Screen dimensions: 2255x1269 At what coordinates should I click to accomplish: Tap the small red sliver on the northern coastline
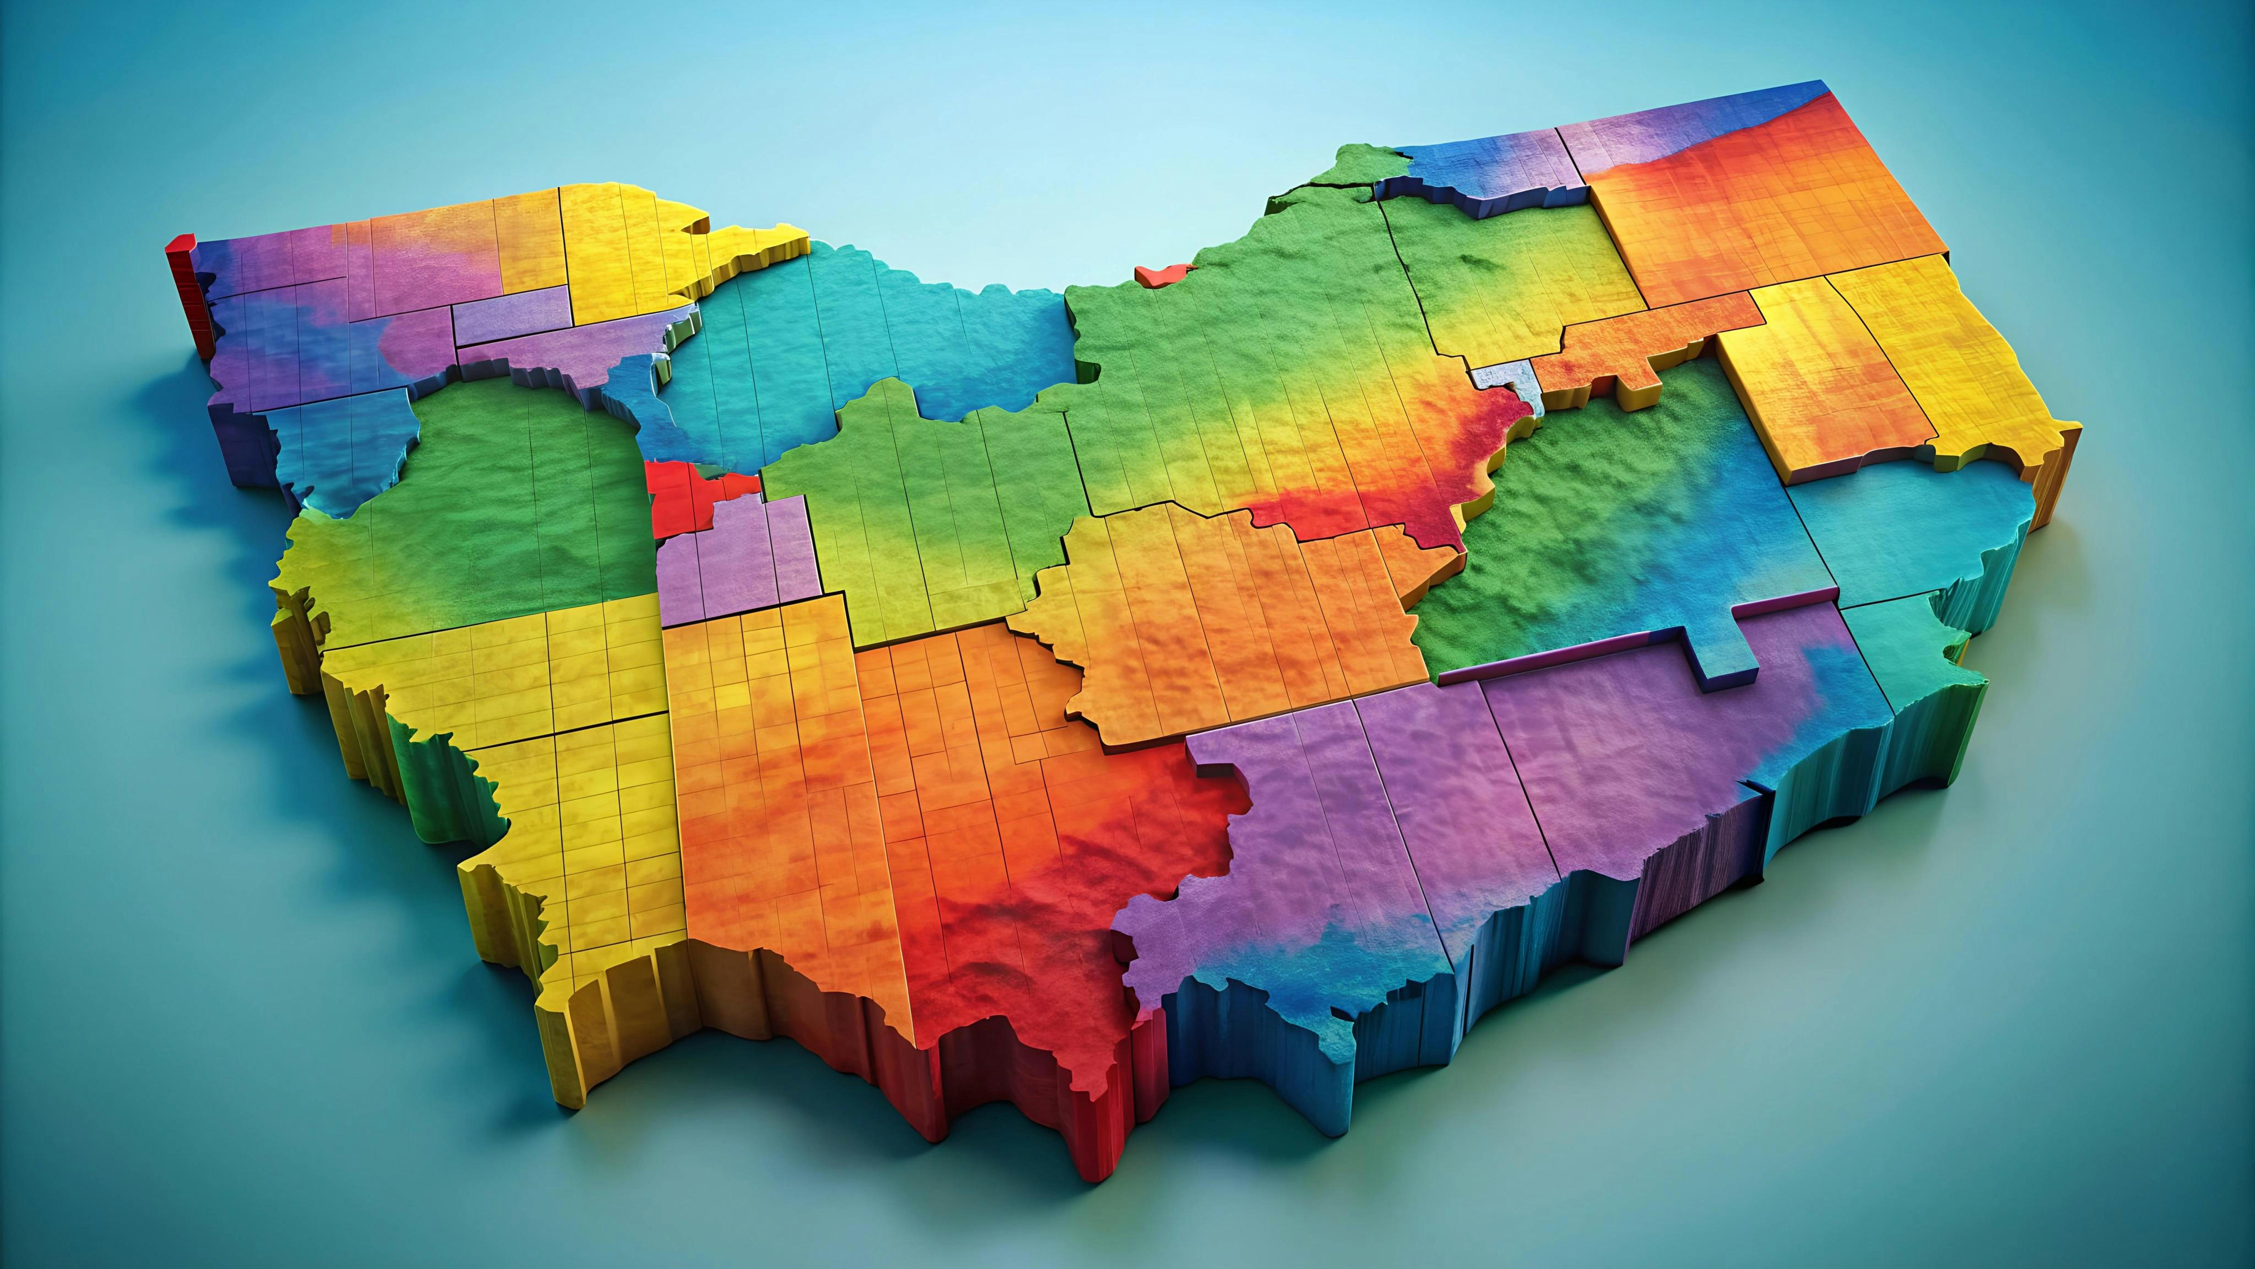1154,273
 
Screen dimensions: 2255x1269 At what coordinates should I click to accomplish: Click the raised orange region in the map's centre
1226,613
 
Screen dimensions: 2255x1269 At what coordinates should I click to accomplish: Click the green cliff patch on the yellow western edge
438,771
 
